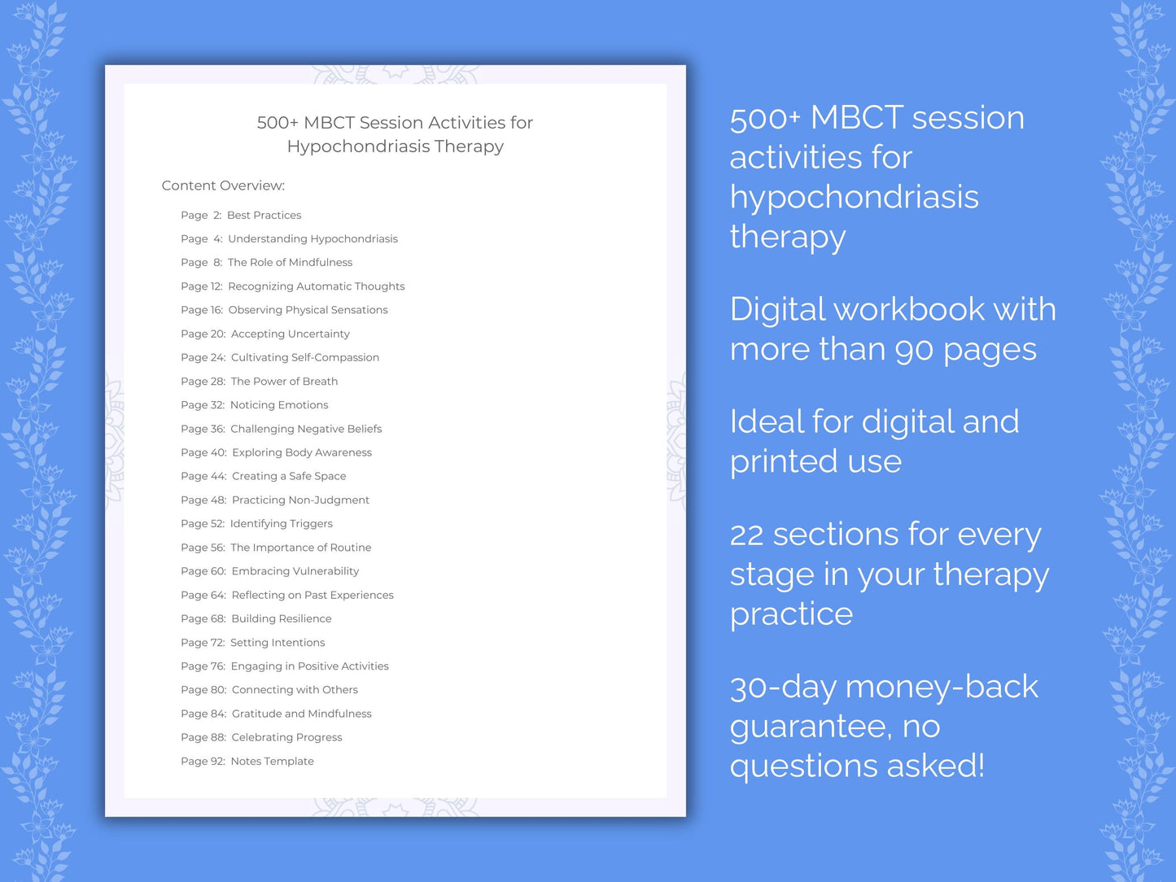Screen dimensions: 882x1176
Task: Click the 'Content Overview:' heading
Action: coord(223,186)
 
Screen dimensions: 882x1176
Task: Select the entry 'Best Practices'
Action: coord(264,216)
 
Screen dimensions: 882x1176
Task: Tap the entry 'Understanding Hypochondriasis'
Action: coord(313,239)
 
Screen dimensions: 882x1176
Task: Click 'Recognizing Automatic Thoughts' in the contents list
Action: coord(316,286)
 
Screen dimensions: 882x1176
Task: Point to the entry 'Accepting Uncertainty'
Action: coord(290,334)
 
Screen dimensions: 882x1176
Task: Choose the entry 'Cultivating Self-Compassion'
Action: coord(304,357)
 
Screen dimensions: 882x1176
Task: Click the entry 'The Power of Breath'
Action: coord(284,382)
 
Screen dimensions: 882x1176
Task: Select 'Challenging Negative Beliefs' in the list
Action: coord(305,429)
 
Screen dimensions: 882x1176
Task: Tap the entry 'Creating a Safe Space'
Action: coord(289,476)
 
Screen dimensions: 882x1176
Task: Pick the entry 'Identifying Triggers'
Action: coord(281,524)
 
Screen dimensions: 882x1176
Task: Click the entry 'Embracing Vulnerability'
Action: coord(295,571)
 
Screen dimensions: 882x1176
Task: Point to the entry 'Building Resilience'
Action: coord(281,619)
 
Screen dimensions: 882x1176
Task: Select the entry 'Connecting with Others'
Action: coord(295,690)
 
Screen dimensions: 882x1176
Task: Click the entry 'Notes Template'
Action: coord(272,762)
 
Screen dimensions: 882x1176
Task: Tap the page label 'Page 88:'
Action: coord(203,738)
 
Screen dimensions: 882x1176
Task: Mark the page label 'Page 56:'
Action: coord(203,548)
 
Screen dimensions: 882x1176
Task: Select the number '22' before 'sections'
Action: coord(746,535)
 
